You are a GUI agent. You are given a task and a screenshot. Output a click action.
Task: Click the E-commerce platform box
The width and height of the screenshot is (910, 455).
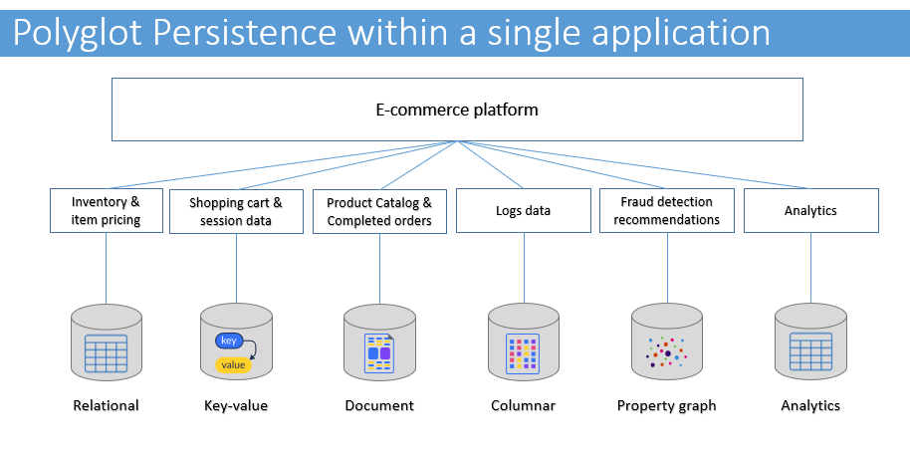(457, 110)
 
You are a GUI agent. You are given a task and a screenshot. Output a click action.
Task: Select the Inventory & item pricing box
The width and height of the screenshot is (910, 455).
(107, 211)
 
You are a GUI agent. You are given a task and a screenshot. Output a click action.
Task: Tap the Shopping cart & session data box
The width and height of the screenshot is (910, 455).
(236, 211)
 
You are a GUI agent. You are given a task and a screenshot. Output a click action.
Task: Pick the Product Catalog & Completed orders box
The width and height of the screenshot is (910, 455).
(379, 211)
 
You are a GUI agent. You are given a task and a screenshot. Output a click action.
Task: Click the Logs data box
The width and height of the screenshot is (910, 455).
(524, 211)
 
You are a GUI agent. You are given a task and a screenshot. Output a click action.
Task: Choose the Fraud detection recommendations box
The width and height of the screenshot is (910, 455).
(667, 211)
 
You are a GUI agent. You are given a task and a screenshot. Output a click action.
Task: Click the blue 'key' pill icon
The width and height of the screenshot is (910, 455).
(229, 341)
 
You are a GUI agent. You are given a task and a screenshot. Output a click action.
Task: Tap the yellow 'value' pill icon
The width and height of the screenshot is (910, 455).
(234, 365)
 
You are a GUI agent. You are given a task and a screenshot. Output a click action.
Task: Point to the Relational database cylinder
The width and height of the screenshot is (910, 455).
(107, 342)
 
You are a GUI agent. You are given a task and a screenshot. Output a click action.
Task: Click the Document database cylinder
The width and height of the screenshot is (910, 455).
(379, 342)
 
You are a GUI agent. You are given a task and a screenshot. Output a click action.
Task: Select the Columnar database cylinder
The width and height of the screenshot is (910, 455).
(524, 342)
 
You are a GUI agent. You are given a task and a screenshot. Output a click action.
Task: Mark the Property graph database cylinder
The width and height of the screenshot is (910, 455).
(667, 342)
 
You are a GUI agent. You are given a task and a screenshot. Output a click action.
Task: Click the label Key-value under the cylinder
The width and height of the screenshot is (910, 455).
(236, 405)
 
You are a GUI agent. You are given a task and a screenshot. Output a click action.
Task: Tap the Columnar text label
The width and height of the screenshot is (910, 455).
(524, 405)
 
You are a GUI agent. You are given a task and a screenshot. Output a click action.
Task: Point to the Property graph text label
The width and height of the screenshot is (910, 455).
(667, 405)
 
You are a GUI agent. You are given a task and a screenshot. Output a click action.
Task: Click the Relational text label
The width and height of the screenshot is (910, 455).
(107, 405)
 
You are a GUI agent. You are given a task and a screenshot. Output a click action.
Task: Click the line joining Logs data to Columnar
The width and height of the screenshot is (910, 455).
(524, 268)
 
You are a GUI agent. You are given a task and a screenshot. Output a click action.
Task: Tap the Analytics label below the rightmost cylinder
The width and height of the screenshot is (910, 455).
(810, 405)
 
